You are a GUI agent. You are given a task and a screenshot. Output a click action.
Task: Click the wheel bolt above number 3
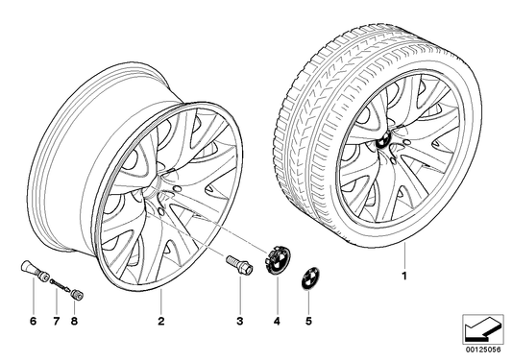(238, 262)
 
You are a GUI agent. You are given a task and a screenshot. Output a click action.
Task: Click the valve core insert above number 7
(56, 282)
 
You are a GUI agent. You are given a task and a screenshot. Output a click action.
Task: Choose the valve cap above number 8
(75, 285)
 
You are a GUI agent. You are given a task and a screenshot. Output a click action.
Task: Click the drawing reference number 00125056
(482, 352)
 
